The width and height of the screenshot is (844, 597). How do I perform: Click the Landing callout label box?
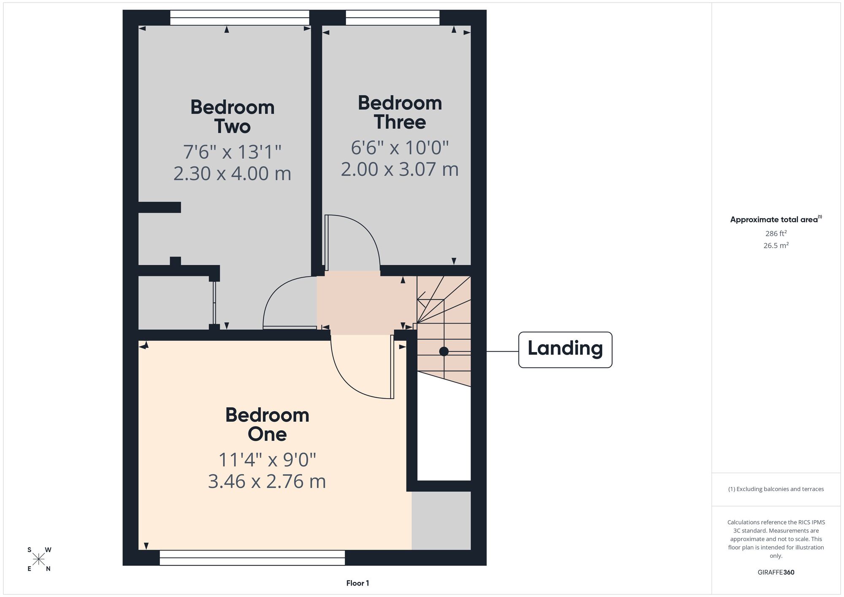565,350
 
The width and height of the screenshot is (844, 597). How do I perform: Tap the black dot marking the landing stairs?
444,351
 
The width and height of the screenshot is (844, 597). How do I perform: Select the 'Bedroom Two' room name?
233,117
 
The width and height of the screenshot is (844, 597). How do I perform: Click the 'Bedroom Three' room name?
400,112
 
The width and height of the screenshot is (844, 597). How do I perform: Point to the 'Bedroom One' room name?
267,424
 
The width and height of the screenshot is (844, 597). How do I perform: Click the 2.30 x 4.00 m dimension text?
233,174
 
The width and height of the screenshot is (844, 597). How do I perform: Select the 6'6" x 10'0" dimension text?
400,147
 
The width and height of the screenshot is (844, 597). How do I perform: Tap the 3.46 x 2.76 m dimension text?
267,481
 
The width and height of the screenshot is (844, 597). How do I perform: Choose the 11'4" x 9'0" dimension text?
267,459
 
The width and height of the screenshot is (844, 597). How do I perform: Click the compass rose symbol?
39,559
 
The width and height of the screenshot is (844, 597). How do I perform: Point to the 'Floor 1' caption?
357,583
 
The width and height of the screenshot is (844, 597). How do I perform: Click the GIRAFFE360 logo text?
776,573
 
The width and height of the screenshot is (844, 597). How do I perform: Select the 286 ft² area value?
776,233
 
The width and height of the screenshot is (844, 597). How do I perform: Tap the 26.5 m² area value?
776,245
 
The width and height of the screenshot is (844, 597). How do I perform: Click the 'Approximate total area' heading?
776,219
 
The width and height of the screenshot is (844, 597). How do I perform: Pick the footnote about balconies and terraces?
776,489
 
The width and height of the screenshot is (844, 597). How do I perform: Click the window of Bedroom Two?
240,18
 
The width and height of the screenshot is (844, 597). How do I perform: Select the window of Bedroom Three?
392,18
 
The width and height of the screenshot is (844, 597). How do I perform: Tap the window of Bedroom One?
252,557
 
